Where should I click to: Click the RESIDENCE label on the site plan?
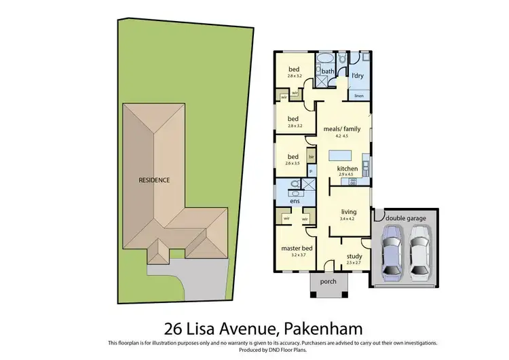154,180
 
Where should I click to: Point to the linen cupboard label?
359,96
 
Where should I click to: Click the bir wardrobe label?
312,157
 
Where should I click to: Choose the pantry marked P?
312,173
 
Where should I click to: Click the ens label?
295,201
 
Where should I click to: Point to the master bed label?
296,249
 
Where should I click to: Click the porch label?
328,282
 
